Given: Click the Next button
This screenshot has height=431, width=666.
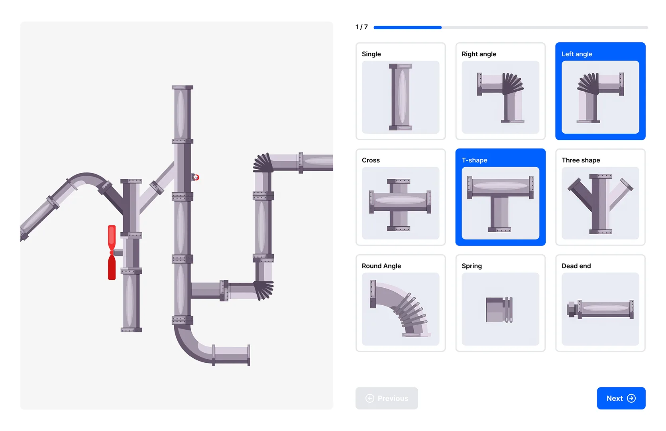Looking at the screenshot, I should pyautogui.click(x=621, y=398).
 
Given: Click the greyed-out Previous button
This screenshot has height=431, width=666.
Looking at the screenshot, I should pyautogui.click(x=386, y=398).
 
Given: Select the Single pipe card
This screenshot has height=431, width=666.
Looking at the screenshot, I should pyautogui.click(x=400, y=91).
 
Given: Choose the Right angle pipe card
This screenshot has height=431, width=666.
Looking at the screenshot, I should pyautogui.click(x=500, y=91).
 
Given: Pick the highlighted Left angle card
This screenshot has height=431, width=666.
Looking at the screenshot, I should pyautogui.click(x=600, y=91).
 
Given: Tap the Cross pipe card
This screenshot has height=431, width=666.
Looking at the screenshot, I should pyautogui.click(x=400, y=197).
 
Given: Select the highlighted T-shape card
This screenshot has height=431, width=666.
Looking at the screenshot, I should pyautogui.click(x=500, y=197).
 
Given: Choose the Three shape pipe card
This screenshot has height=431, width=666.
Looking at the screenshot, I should pyautogui.click(x=600, y=197).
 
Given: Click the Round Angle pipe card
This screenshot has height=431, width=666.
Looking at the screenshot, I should pyautogui.click(x=400, y=303).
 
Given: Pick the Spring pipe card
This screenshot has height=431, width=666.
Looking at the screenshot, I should pyautogui.click(x=500, y=303).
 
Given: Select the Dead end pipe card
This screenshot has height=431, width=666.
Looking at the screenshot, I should pyautogui.click(x=600, y=303).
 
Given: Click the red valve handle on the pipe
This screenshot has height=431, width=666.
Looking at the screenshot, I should pyautogui.click(x=112, y=252).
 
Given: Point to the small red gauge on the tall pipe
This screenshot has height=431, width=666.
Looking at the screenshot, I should pyautogui.click(x=196, y=177).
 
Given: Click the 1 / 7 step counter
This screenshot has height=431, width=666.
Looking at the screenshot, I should pyautogui.click(x=361, y=27).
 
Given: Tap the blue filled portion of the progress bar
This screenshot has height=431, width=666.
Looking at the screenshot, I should pyautogui.click(x=407, y=28).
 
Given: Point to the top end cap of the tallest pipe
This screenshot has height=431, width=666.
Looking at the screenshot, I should pyautogui.click(x=182, y=87).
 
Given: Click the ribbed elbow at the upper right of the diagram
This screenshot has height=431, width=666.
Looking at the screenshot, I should pyautogui.click(x=263, y=163).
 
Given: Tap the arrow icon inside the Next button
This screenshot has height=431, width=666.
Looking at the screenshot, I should pyautogui.click(x=631, y=398).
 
